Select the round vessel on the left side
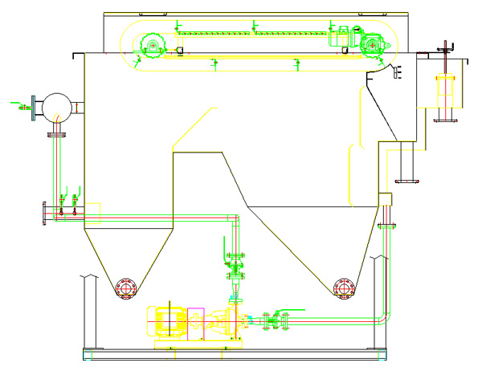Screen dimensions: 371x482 (x=57, y=106)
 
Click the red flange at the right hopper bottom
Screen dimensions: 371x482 (x=343, y=287)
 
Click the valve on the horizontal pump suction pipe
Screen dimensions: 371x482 (x=274, y=321)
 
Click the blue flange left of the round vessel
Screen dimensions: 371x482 (x=33, y=105)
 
